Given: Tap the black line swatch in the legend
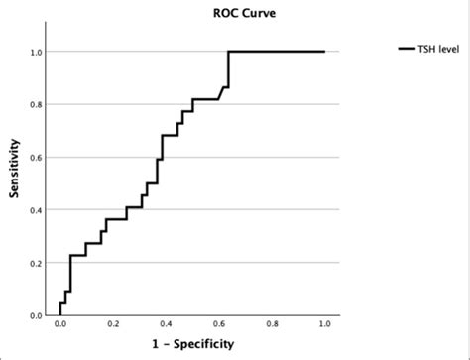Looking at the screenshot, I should point(407,48).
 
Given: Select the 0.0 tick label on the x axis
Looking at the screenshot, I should point(60,324).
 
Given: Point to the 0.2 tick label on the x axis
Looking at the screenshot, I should point(113,324).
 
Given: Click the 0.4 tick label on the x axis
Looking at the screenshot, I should point(166,324).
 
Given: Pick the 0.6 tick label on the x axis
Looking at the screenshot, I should point(219,324).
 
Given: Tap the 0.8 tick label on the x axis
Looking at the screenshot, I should point(272,324).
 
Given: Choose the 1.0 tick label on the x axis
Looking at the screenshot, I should point(324,324).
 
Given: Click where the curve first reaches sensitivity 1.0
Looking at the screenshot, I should point(228,52).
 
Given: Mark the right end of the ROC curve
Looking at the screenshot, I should point(324,52).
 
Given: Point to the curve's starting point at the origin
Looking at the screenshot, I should point(60,315).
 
